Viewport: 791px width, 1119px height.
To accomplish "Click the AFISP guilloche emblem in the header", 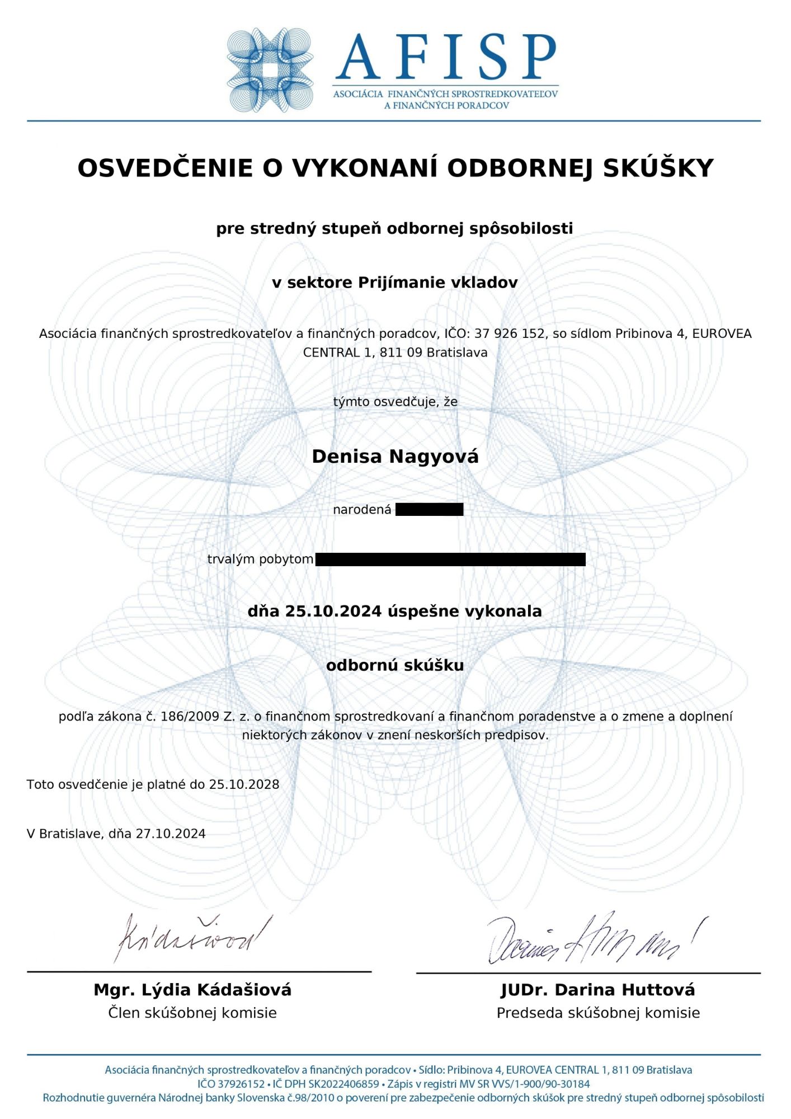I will pos(270,70).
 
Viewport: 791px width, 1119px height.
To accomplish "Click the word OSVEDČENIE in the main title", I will pos(165,168).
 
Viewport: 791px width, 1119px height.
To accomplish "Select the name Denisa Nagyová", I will pos(395,457).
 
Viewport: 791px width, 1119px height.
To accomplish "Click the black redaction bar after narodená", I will pos(429,509).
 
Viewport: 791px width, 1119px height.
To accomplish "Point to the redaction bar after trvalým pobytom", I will pos(450,559).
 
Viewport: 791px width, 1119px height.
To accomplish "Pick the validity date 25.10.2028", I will pos(244,784).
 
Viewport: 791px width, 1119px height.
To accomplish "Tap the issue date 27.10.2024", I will pos(171,834).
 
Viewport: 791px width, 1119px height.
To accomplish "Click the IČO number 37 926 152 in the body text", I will pos(509,333).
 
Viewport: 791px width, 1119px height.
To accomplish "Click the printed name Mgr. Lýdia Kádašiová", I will pos(192,990).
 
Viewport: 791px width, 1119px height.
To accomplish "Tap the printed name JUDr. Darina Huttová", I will pos(597,990).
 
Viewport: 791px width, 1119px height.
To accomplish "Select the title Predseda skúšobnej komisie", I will pos(598,1013).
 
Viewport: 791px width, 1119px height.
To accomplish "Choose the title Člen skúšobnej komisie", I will pos(192,1013).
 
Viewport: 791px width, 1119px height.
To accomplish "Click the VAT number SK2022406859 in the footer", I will pos(343,1084).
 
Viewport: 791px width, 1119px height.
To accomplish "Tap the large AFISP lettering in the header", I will pos(446,56).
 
